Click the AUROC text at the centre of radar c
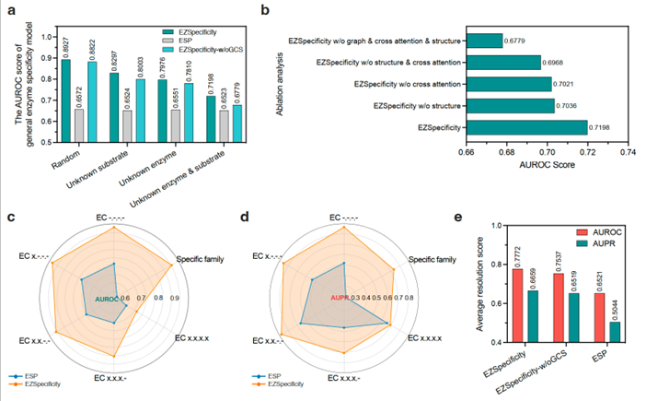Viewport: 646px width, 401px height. tap(109, 297)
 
